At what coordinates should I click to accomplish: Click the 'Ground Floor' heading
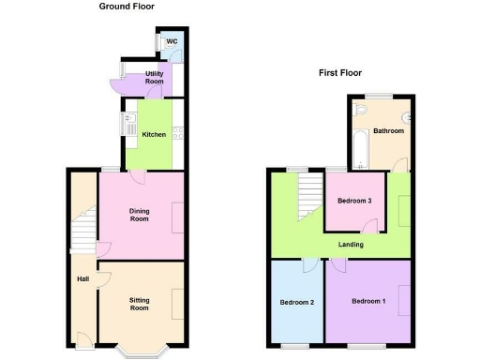click(x=127, y=7)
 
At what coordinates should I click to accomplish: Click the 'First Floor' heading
click(x=339, y=72)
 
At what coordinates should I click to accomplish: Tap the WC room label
click(x=172, y=42)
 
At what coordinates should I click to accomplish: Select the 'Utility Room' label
click(x=155, y=78)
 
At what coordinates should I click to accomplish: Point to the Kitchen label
click(x=154, y=134)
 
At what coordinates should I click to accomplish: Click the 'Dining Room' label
click(x=139, y=215)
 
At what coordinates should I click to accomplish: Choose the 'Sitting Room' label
click(x=139, y=304)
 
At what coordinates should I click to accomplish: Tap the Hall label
click(x=82, y=278)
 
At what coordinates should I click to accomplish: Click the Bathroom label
click(x=388, y=131)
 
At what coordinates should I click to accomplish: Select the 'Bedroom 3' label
click(x=354, y=201)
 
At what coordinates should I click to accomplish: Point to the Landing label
click(x=351, y=245)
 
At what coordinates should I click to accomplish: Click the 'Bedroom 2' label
click(x=296, y=302)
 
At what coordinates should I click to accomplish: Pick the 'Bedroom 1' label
click(x=367, y=302)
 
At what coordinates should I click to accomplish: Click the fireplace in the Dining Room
click(x=178, y=217)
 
